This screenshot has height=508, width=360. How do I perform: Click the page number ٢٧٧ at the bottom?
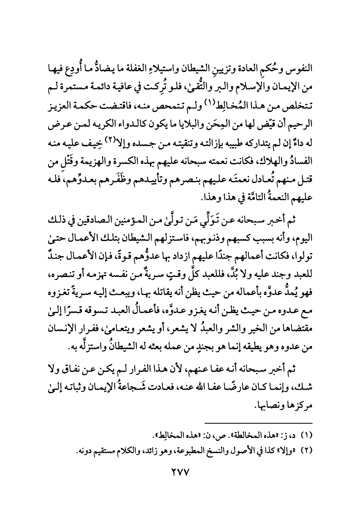click(180, 472)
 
